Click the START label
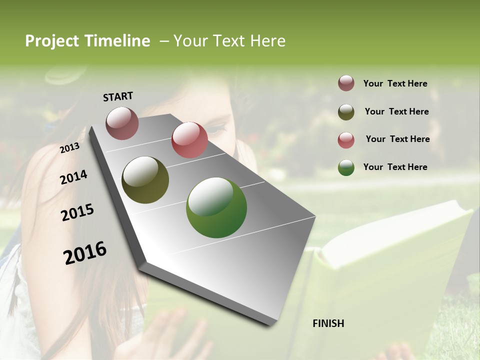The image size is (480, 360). click(x=118, y=96)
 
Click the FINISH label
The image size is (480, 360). click(x=328, y=323)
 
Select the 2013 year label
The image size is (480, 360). click(x=70, y=147)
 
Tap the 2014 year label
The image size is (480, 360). click(x=73, y=177)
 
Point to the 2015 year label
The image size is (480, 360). click(x=77, y=212)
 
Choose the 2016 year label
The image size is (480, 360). click(x=85, y=252)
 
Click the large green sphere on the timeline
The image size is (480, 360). click(x=216, y=207)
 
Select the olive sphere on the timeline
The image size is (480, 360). click(x=145, y=180)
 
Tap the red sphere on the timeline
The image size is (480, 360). click(x=189, y=140)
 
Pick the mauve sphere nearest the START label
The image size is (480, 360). click(x=122, y=123)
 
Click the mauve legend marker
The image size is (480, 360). click(x=346, y=83)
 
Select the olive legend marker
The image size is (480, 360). click(x=346, y=111)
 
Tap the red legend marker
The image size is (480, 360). click(x=346, y=139)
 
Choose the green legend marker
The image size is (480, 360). click(x=346, y=167)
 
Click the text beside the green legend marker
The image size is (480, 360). click(x=395, y=167)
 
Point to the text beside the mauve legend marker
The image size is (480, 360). click(x=395, y=83)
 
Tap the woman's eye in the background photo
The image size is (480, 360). click(x=219, y=128)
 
